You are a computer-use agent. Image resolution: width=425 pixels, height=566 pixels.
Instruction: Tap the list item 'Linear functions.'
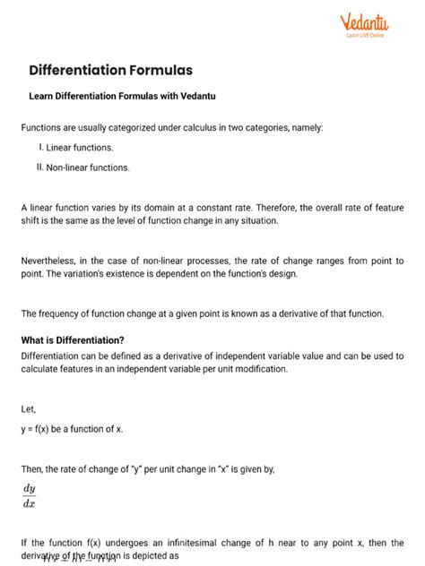92,147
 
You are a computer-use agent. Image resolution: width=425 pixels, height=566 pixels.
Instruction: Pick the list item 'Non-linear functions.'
98,167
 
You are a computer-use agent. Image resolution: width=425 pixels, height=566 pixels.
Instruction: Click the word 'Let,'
29,409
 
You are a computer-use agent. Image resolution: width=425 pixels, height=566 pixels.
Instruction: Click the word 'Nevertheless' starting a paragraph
51,260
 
